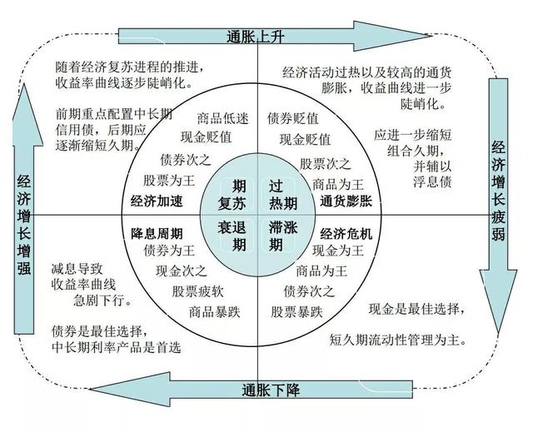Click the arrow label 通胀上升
pyautogui.click(x=255, y=37)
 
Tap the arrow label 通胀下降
pyautogui.click(x=271, y=390)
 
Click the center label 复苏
pyautogui.click(x=232, y=204)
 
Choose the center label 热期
pyautogui.click(x=283, y=204)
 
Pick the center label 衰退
pyautogui.click(x=232, y=227)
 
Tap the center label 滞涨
pyautogui.click(x=283, y=227)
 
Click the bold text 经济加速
pyautogui.click(x=157, y=201)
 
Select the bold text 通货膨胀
pyautogui.click(x=346, y=201)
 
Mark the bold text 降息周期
pyautogui.click(x=157, y=234)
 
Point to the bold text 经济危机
pyautogui.click(x=346, y=234)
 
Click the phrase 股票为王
pyautogui.click(x=168, y=181)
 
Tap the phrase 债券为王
pyautogui.click(x=169, y=251)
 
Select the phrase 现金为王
pyautogui.click(x=338, y=251)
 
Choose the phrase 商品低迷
pyautogui.click(x=223, y=118)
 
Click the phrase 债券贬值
pyautogui.click(x=293, y=118)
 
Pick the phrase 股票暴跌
pyautogui.click(x=296, y=312)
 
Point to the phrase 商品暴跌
pyautogui.click(x=215, y=312)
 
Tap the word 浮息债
pyautogui.click(x=432, y=182)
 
